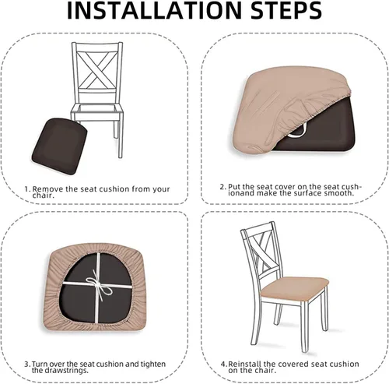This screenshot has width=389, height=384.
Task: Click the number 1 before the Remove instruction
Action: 26,188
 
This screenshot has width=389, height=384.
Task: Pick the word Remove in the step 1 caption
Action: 46,188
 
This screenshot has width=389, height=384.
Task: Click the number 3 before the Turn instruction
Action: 26,363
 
